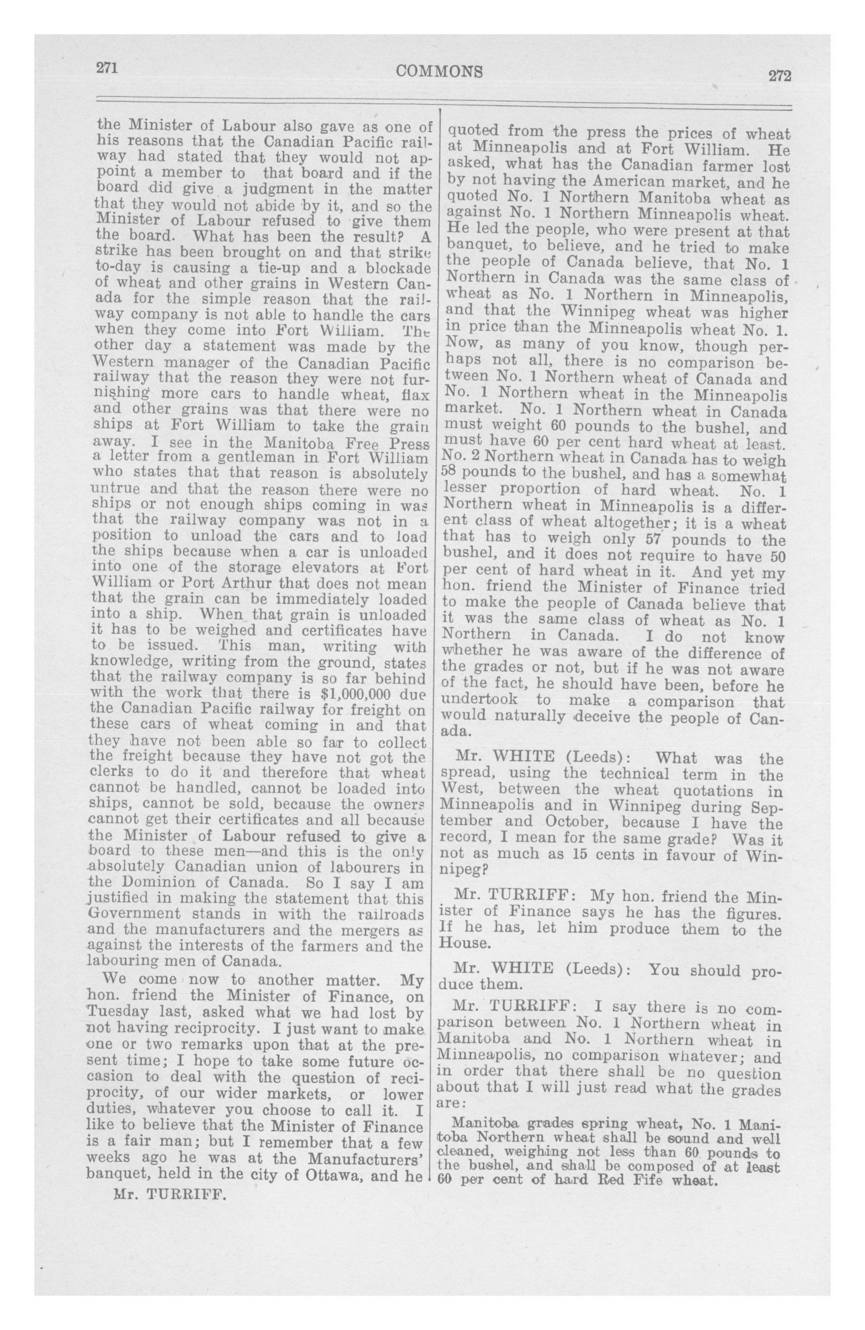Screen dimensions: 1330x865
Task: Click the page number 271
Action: pos(106,68)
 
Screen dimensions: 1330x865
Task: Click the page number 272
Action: pos(780,75)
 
